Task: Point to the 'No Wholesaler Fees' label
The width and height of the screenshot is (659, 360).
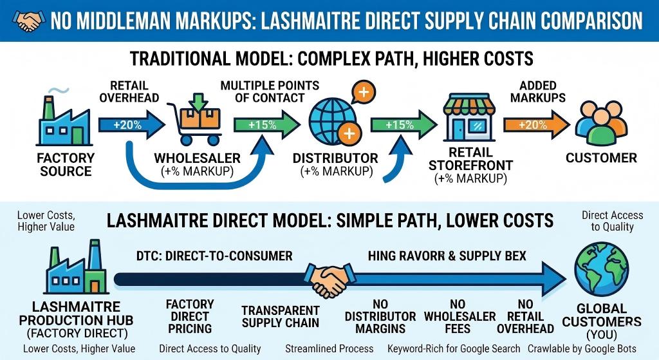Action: pyautogui.click(x=459, y=316)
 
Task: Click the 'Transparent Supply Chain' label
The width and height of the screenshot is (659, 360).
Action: pyautogui.click(x=281, y=316)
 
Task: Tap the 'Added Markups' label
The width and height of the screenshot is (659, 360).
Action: pyautogui.click(x=539, y=91)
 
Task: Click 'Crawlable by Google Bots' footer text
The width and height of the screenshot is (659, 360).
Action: pyautogui.click(x=591, y=348)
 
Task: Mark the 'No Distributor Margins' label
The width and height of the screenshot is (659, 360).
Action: pyautogui.click(x=380, y=316)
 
